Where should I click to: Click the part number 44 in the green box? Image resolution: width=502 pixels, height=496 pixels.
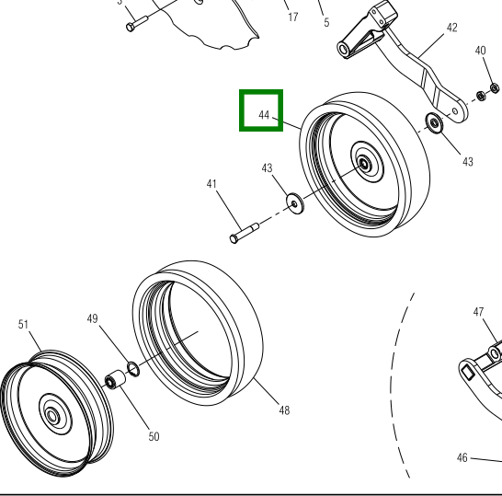264,115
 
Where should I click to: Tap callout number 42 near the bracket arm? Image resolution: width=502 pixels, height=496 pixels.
451,28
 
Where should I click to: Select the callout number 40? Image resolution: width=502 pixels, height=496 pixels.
480,51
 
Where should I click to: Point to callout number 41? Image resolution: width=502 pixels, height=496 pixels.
211,184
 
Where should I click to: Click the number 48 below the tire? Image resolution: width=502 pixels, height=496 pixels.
284,410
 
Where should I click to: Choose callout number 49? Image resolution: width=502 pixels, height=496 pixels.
92,318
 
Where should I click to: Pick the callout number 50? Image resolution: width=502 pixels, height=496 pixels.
154,436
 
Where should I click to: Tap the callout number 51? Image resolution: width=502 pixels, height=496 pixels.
23,324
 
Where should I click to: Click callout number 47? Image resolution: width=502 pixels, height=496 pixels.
478,312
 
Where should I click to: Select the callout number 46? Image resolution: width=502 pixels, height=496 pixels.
462,457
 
